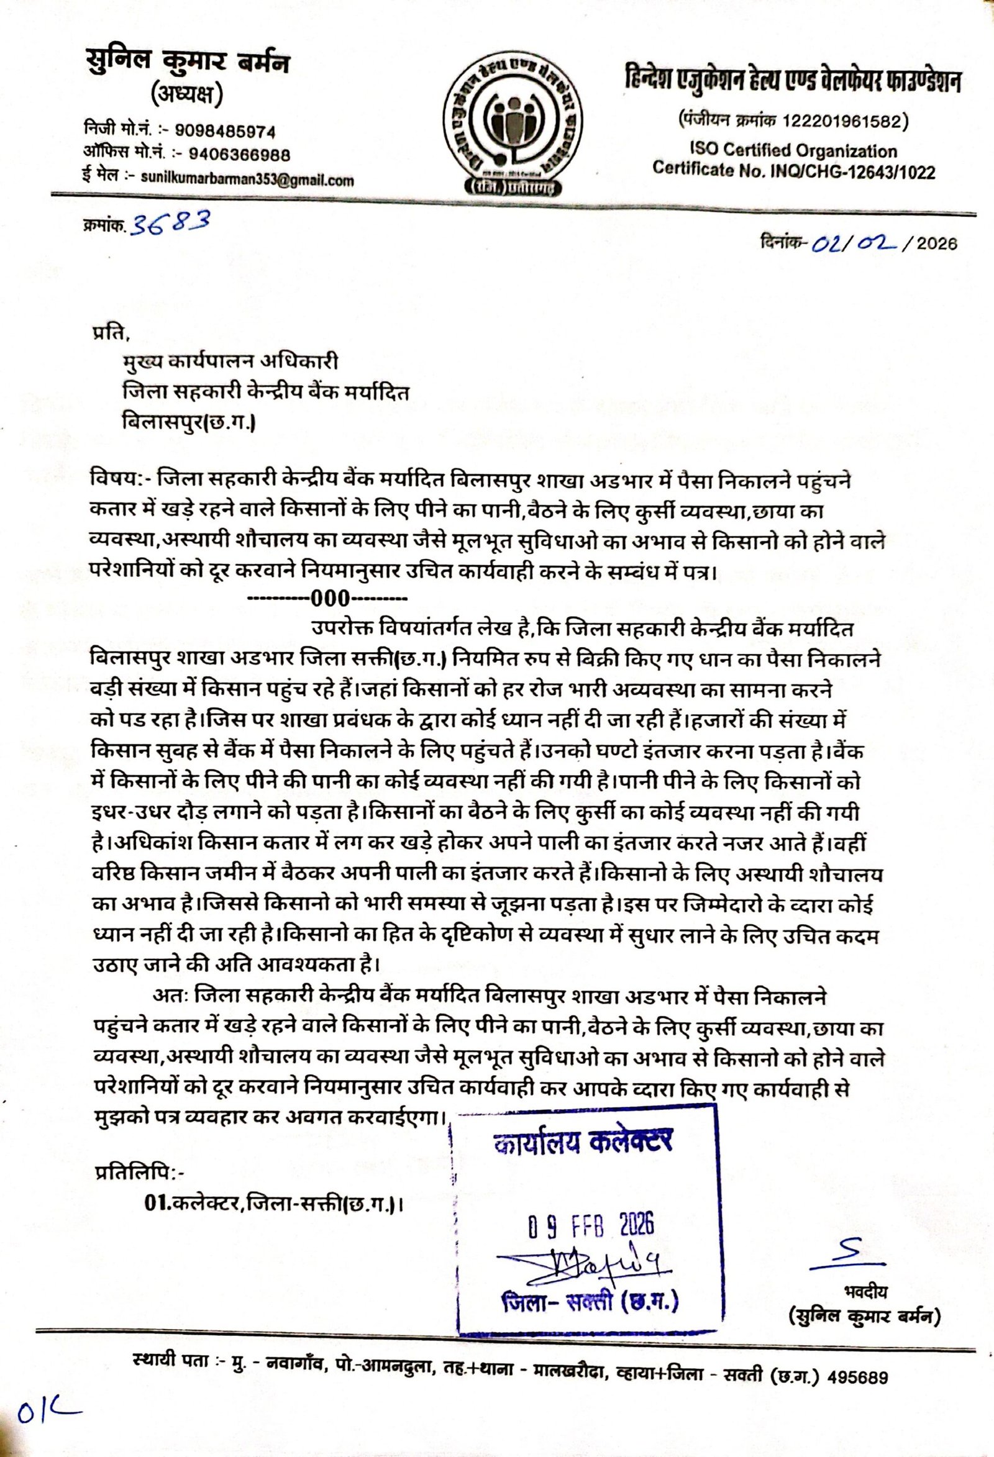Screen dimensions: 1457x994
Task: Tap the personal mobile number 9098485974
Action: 225,132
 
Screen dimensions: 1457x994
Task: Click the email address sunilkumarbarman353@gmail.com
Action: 245,181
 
